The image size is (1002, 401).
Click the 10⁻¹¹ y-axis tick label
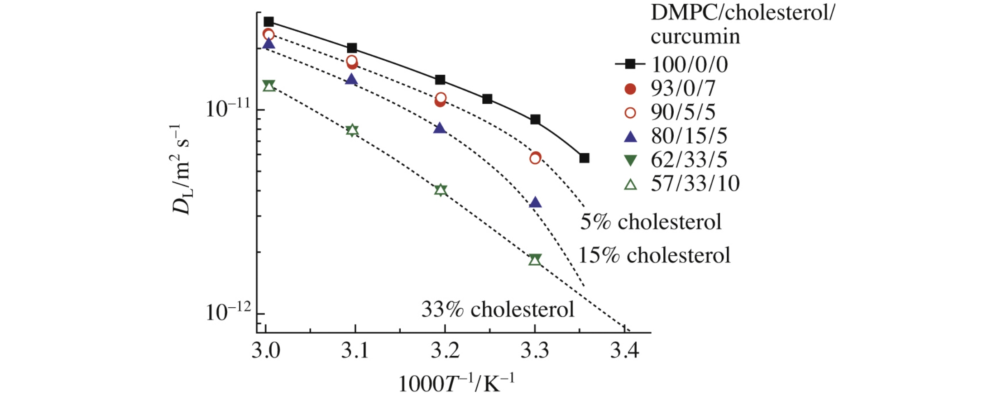pyautogui.click(x=228, y=109)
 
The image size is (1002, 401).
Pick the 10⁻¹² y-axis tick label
pyautogui.click(x=228, y=312)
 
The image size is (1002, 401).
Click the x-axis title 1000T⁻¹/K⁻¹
pyautogui.click(x=456, y=383)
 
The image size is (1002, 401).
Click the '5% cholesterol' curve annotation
pyautogui.click(x=651, y=222)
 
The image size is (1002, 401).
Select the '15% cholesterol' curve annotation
pyautogui.click(x=654, y=255)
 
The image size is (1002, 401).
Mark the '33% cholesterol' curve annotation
pyautogui.click(x=498, y=310)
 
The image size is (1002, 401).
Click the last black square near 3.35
pyautogui.click(x=584, y=158)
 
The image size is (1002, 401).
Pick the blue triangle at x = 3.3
pyautogui.click(x=535, y=202)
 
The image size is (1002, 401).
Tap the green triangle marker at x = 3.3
pyautogui.click(x=535, y=260)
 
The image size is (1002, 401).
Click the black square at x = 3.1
pyautogui.click(x=352, y=48)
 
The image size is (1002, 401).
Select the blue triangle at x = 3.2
pyautogui.click(x=440, y=128)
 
